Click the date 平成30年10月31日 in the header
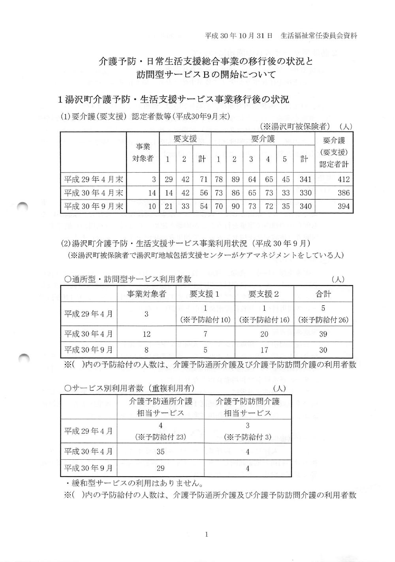pyautogui.click(x=239, y=36)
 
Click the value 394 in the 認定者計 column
pyautogui.click(x=343, y=206)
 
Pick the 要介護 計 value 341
pyautogui.click(x=305, y=179)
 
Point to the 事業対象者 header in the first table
pyautogui.click(x=143, y=152)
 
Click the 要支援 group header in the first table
pyautogui.click(x=185, y=139)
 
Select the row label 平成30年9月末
pyautogui.click(x=94, y=206)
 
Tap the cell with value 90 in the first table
pyautogui.click(x=235, y=206)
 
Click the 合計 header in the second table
pyautogui.click(x=323, y=294)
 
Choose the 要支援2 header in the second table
pyautogui.click(x=264, y=294)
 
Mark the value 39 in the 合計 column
pyautogui.click(x=323, y=334)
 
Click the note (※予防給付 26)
pyautogui.click(x=323, y=320)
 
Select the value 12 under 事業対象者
pyautogui.click(x=147, y=334)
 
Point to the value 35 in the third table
pyautogui.click(x=160, y=451)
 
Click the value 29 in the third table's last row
pyautogui.click(x=160, y=468)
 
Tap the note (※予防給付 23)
pyautogui.click(x=160, y=437)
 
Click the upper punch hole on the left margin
pyautogui.click(x=23, y=205)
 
